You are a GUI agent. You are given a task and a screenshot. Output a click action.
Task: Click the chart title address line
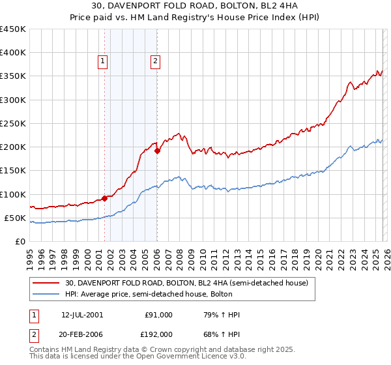tap(195, 6)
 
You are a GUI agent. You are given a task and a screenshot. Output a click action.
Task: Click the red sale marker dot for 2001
tap(104, 198)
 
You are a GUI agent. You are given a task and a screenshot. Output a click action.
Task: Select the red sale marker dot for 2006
tap(157, 151)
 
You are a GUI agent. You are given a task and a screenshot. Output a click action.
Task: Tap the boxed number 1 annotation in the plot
tap(103, 62)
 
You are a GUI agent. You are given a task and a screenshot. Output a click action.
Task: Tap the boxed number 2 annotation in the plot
tap(156, 62)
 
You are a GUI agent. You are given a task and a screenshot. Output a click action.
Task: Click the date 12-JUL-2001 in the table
tap(82, 315)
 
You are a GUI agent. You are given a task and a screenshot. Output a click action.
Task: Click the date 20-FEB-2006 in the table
tap(82, 333)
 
